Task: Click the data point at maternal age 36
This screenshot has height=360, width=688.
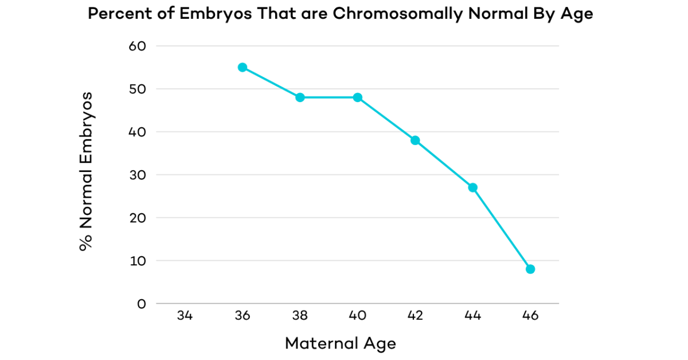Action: coord(243,67)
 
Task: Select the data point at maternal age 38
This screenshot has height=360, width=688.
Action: coord(300,97)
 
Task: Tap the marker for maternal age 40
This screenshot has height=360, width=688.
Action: coord(358,97)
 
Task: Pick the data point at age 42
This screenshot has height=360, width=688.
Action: coord(415,140)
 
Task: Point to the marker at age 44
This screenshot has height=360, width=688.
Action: coord(473,187)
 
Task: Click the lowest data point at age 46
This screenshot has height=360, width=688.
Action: coord(530,269)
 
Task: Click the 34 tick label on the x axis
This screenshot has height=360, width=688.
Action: coord(185,316)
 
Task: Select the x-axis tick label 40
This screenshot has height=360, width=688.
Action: coord(358,316)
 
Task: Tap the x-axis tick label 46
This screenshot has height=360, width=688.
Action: coord(530,316)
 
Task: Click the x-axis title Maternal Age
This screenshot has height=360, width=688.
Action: coord(340,343)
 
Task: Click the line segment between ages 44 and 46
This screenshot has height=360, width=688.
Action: coord(502,228)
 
